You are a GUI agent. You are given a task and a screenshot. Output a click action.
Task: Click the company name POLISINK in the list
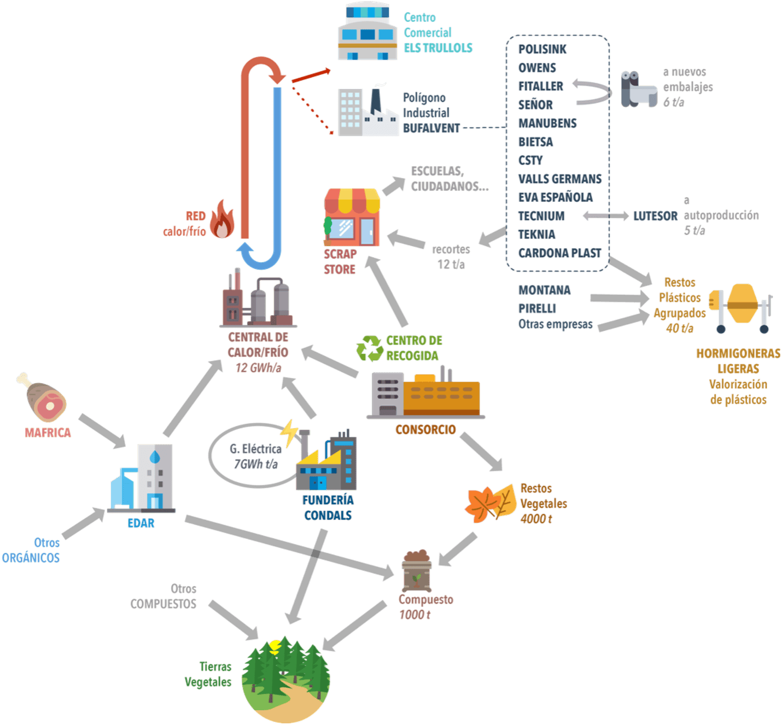[542, 49]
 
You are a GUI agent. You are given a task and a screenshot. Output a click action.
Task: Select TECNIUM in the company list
[541, 216]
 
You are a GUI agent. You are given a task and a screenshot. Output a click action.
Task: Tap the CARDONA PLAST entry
[559, 253]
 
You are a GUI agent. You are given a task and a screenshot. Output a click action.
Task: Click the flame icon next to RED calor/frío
[222, 219]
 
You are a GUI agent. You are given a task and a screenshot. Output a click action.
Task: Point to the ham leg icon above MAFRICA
[43, 397]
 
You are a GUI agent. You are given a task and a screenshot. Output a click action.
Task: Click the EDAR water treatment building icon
[143, 478]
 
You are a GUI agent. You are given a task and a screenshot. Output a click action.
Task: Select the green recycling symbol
[370, 348]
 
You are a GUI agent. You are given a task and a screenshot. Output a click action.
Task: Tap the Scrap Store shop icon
[352, 217]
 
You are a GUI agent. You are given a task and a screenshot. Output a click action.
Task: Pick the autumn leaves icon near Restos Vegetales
[491, 504]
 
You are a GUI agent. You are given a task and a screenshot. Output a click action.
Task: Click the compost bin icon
[417, 571]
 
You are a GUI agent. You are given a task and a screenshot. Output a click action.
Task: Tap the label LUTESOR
[655, 217]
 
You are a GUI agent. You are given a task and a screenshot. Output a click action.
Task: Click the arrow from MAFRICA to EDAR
[102, 431]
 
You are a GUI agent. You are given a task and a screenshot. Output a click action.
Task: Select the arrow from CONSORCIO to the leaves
[481, 452]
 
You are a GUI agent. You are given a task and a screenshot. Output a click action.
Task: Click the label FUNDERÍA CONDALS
[328, 507]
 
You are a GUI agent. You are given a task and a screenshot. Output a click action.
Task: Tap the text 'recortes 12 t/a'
[451, 257]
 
